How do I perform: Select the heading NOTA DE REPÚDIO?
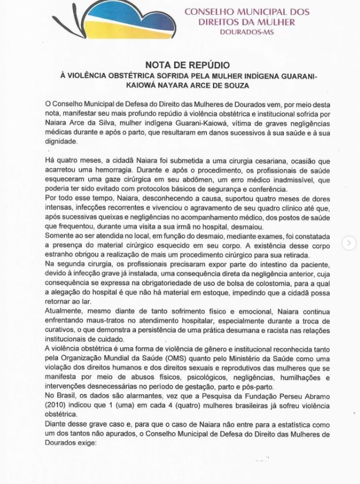179,64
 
